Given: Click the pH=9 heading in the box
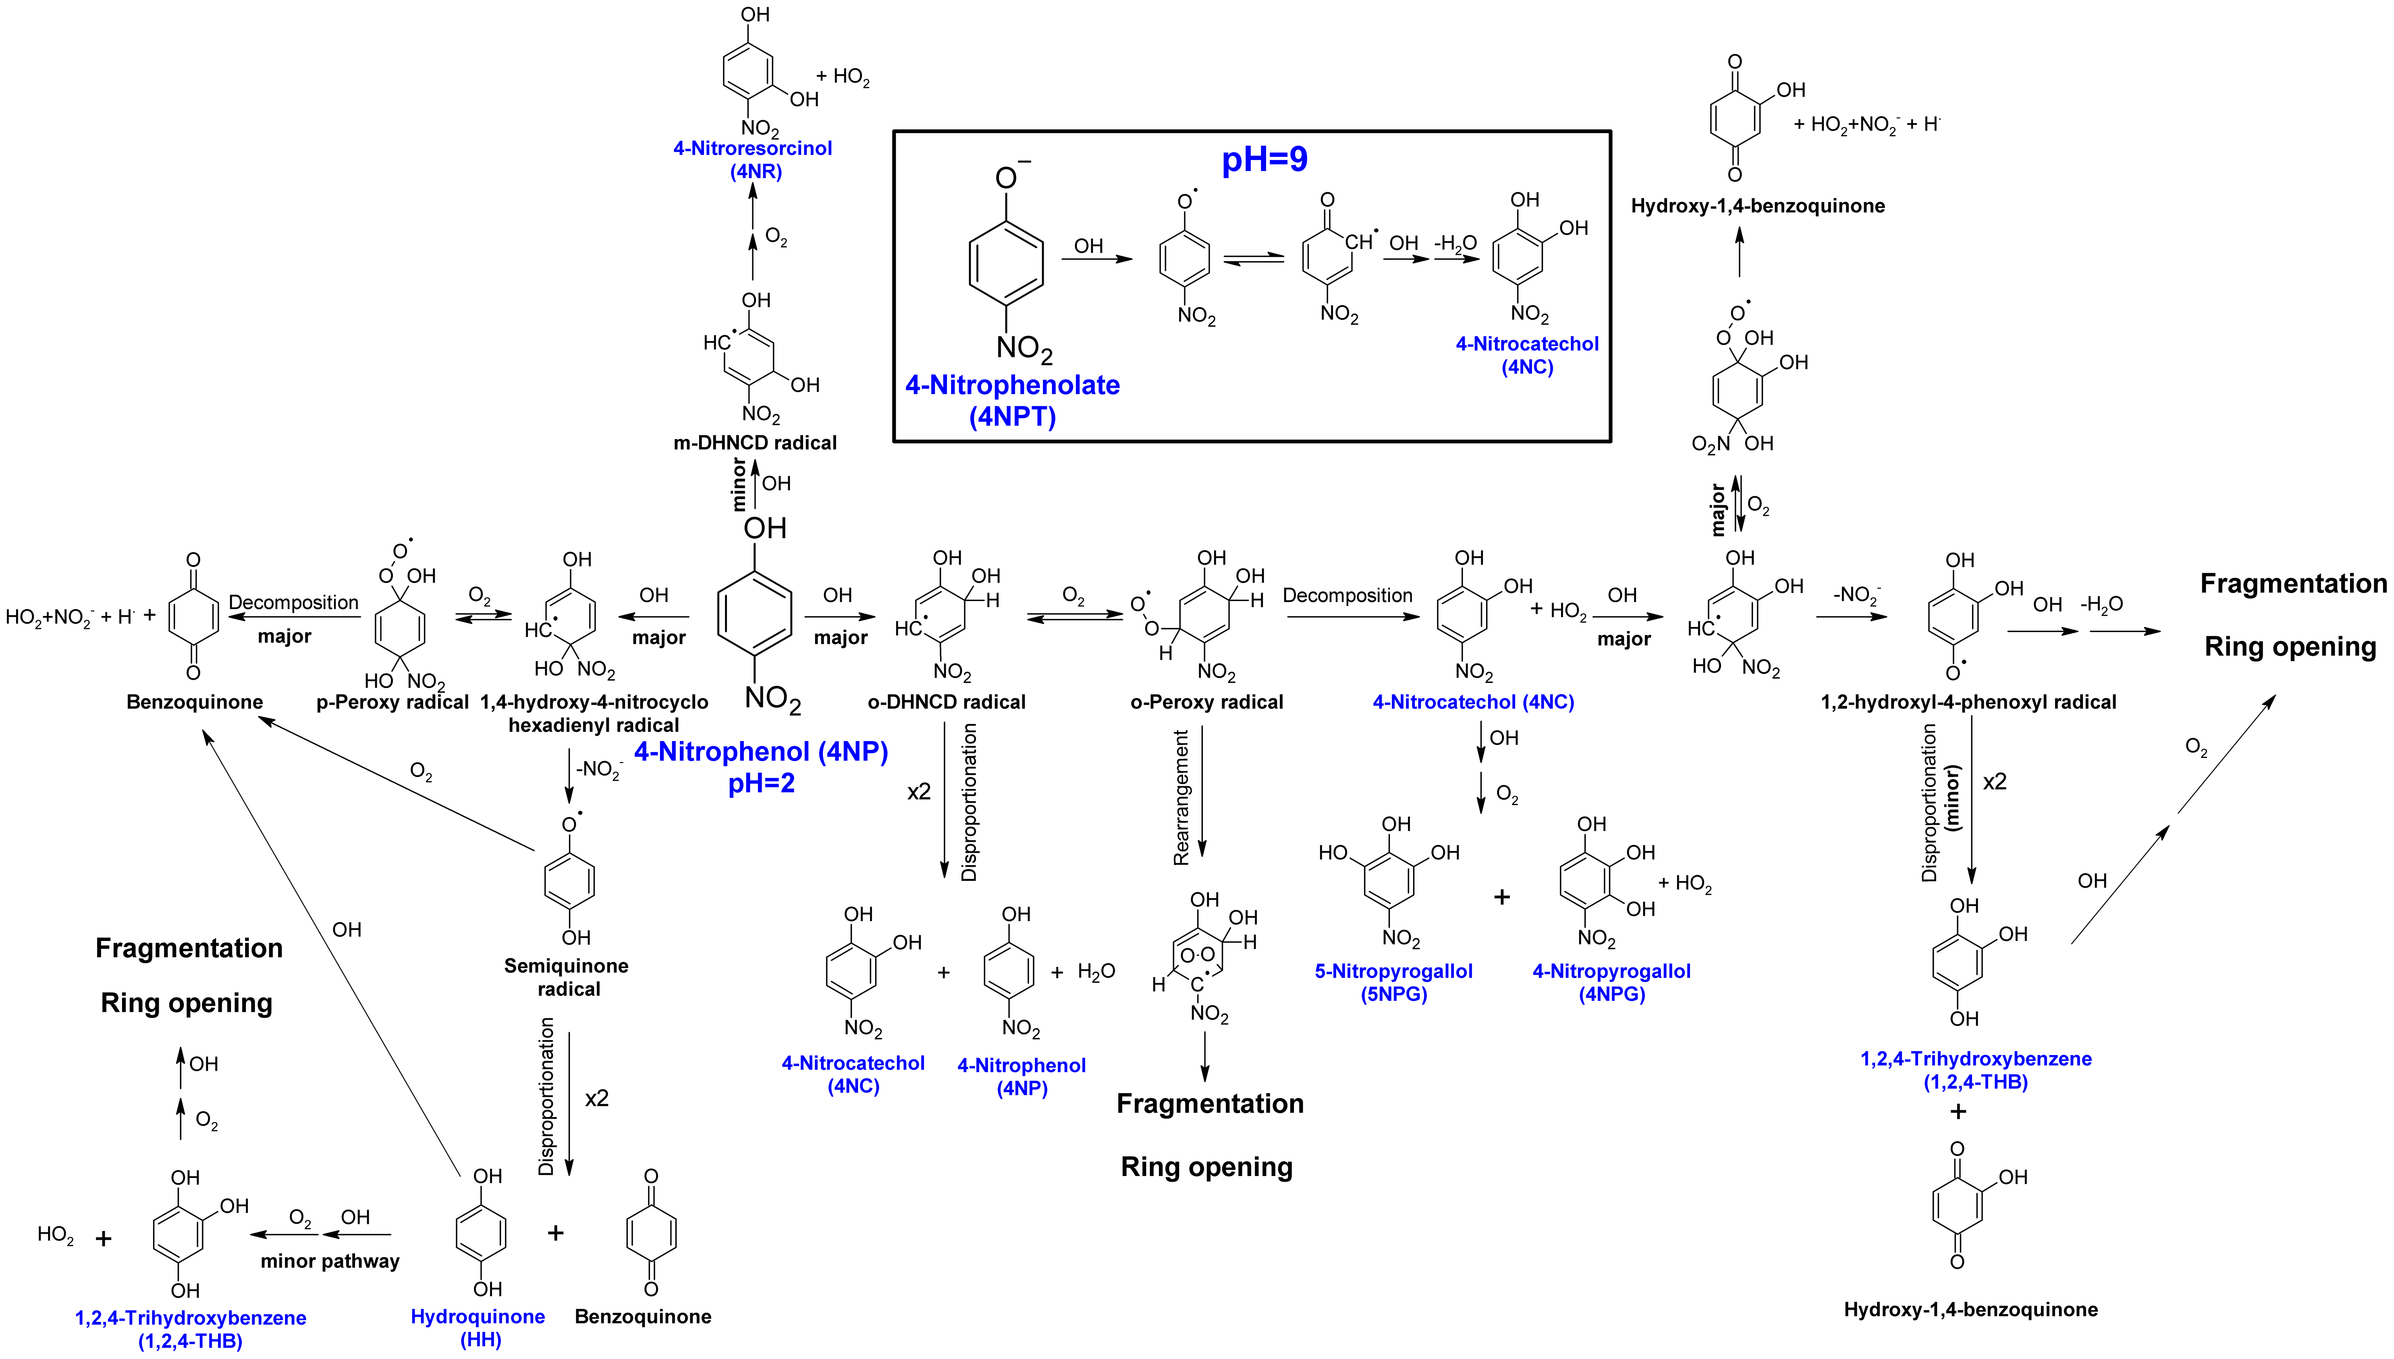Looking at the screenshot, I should tap(1264, 160).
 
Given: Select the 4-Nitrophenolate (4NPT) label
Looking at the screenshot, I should tap(1012, 400).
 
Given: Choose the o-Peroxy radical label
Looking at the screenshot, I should tap(1206, 702).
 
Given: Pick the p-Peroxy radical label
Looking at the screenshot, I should tap(392, 702).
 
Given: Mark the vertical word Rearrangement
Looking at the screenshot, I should tap(1181, 798).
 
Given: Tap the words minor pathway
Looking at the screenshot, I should tap(329, 1261).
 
